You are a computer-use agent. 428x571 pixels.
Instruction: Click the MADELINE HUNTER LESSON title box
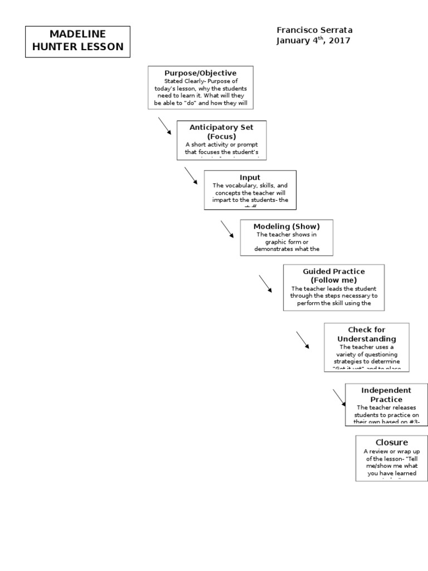coord(77,41)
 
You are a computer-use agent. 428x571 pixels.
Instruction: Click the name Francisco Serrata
coord(314,30)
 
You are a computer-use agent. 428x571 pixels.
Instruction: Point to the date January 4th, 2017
coord(313,41)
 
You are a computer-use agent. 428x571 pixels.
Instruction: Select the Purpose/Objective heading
coord(200,73)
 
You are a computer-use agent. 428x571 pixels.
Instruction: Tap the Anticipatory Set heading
coord(221,127)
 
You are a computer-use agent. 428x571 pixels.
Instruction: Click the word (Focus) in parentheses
coord(221,136)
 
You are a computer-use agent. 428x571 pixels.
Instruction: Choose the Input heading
coord(250,177)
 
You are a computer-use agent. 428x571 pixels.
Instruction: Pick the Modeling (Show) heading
coord(286,226)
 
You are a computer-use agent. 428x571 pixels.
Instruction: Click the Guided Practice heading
coord(334,271)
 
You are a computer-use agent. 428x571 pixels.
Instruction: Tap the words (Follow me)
coord(334,280)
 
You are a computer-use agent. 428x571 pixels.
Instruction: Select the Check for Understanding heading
coord(366,334)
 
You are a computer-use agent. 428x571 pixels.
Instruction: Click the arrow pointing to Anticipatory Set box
coord(165,126)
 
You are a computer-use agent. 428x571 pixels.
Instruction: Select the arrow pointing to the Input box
coord(191,175)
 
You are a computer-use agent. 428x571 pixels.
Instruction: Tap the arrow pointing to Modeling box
coord(227,229)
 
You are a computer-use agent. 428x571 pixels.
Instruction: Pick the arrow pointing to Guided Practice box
coord(265,283)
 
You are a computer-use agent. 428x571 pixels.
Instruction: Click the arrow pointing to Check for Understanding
coord(303,340)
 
